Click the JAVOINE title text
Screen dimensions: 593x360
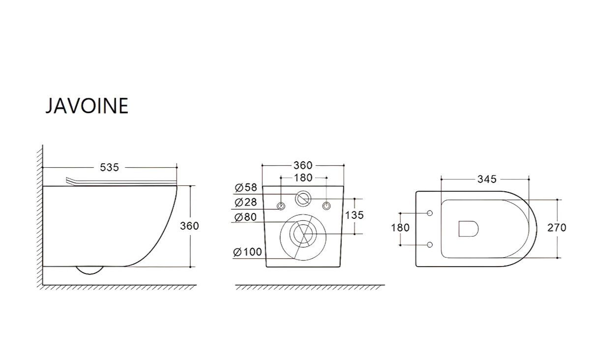point(87,106)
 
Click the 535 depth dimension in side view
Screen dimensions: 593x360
point(109,167)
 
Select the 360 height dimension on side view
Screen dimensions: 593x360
point(189,226)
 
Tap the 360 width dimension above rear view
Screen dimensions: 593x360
point(303,165)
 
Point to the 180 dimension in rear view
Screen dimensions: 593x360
point(303,178)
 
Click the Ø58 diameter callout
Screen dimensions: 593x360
point(246,187)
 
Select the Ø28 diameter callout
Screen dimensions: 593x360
point(246,202)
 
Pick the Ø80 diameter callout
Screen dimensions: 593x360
point(246,217)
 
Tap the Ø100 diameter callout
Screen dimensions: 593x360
point(247,252)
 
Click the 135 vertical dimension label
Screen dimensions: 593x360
point(354,215)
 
